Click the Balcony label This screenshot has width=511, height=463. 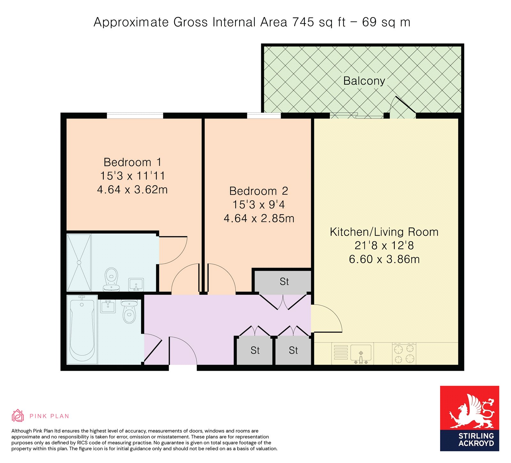coord(364,81)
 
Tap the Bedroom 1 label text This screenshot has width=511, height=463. coord(132,162)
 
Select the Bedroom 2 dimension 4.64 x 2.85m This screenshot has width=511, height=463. coord(259,218)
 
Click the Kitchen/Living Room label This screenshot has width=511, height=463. coord(384,232)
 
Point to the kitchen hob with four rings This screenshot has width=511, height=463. coord(404,353)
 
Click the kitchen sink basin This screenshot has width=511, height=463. coord(361,353)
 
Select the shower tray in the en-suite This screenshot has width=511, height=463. coord(79,262)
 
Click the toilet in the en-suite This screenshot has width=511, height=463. coord(111,279)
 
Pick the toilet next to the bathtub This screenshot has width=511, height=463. coord(129,311)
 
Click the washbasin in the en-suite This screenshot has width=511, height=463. coord(136,285)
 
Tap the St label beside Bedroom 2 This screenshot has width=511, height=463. coord(284,282)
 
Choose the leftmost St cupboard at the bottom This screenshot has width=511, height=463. coord(255,350)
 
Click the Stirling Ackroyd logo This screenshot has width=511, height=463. coord(469,418)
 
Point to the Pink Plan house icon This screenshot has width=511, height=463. coord(18,415)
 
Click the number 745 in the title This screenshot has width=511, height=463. coord(303,22)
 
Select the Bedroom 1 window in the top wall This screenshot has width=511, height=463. coord(135,115)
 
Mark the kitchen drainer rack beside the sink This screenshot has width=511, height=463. coord(341,353)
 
